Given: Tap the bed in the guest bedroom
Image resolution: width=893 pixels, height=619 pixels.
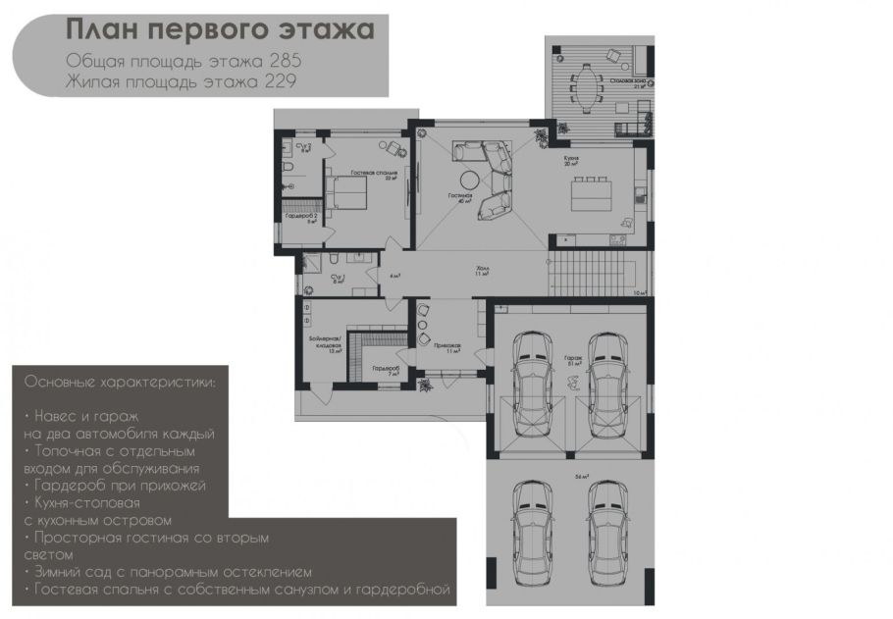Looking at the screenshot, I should (x=345, y=192).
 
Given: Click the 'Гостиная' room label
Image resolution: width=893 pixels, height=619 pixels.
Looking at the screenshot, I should (x=460, y=196).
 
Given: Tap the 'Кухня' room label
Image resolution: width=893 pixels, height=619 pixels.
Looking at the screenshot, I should (x=571, y=157).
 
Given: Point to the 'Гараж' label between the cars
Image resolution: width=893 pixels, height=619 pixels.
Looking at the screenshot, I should (x=572, y=359).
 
